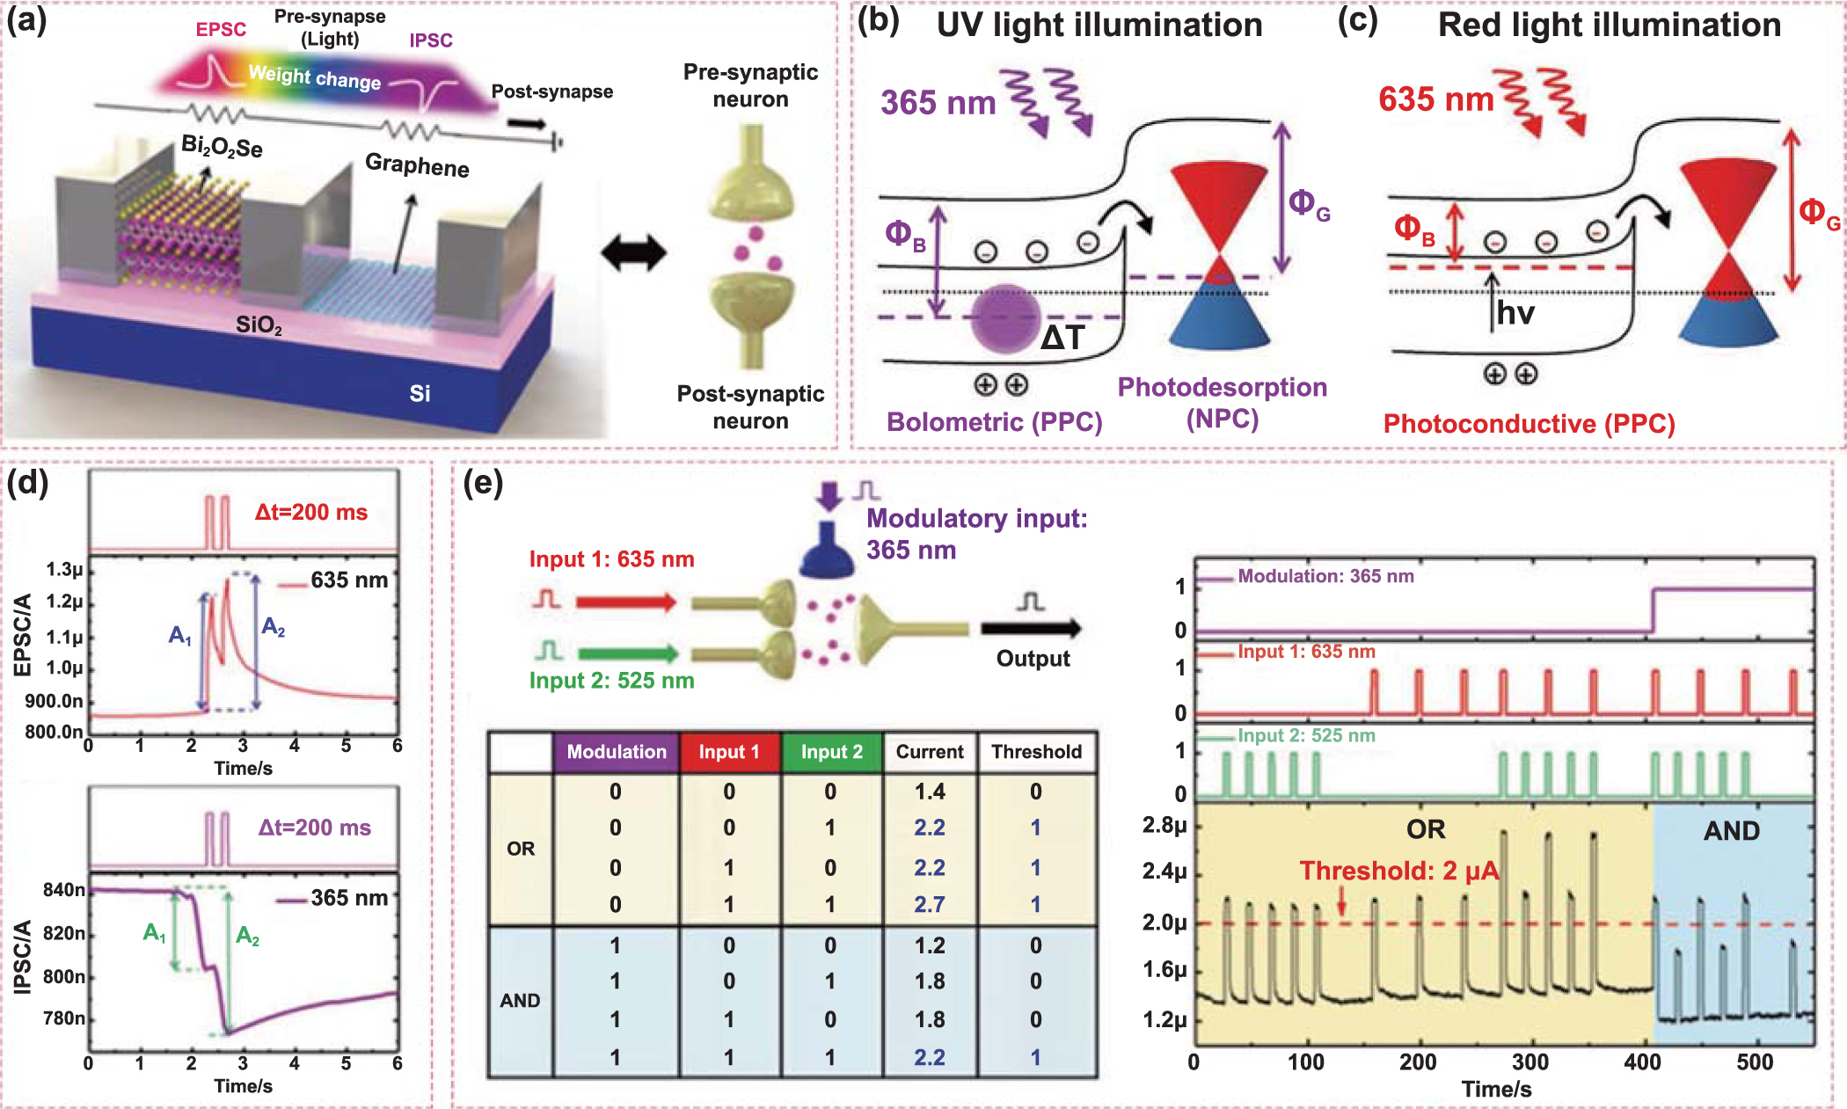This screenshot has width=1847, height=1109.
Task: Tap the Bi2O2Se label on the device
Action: pos(222,146)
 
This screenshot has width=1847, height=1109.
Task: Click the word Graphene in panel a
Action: pos(417,165)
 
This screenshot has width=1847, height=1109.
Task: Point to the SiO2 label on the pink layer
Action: pos(259,325)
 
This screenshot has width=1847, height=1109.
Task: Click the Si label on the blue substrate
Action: pos(420,393)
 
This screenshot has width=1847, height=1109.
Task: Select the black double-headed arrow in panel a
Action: pos(633,253)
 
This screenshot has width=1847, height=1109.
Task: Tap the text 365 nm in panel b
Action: pos(938,103)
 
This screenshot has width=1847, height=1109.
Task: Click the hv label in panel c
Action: pos(1515,313)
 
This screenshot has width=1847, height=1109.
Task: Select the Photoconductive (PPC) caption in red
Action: pos(1529,424)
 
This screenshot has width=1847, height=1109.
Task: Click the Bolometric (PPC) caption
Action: pos(994,422)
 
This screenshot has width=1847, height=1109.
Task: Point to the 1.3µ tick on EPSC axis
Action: pos(65,570)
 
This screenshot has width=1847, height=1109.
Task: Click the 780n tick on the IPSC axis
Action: pos(64,1018)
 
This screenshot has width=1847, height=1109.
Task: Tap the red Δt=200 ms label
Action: pos(311,512)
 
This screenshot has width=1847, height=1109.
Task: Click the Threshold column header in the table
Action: pos(1036,752)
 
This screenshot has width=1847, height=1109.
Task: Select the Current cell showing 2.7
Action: pos(929,904)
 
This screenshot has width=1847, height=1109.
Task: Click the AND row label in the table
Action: pos(520,1001)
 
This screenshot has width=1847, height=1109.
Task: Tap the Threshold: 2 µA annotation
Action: pos(1398,871)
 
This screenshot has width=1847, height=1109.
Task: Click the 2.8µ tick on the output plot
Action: pos(1164,826)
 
